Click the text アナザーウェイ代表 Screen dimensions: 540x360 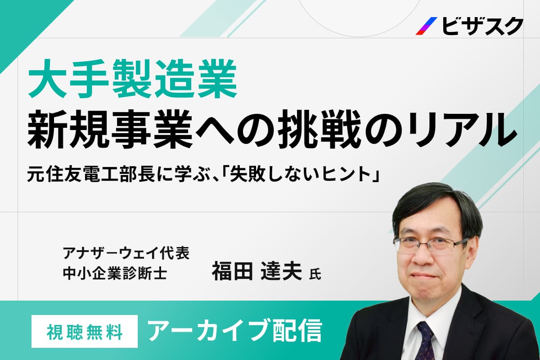(x=126, y=253)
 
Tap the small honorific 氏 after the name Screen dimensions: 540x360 (x=315, y=274)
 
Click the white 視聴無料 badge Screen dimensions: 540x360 (x=85, y=331)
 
